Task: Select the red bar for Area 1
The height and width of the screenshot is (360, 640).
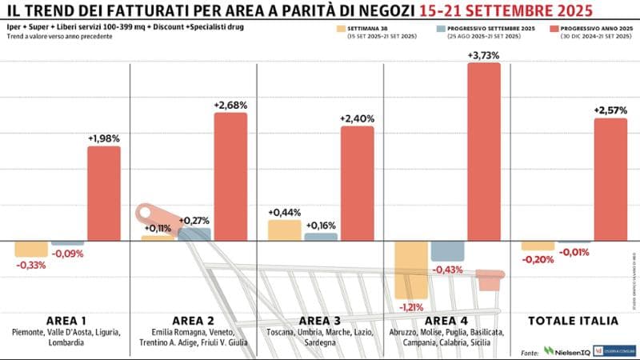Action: [x=104, y=194]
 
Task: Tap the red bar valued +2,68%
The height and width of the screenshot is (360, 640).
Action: [x=230, y=176]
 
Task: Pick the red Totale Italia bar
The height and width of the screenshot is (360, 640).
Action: [x=610, y=180]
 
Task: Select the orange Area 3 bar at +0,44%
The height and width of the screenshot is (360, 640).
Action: [x=285, y=230]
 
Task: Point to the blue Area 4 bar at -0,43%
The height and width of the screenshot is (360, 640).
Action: [x=447, y=250]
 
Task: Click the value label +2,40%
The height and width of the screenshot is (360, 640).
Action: [x=358, y=118]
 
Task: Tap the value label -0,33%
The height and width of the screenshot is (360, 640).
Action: [x=30, y=266]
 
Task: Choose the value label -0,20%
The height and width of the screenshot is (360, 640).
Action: [x=538, y=258]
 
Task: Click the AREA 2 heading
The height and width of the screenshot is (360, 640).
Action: [x=191, y=320]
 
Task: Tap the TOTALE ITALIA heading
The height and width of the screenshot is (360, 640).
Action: [x=574, y=320]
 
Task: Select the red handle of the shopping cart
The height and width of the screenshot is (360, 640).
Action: [x=157, y=219]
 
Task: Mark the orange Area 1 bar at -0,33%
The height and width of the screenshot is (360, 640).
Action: [x=31, y=249]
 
